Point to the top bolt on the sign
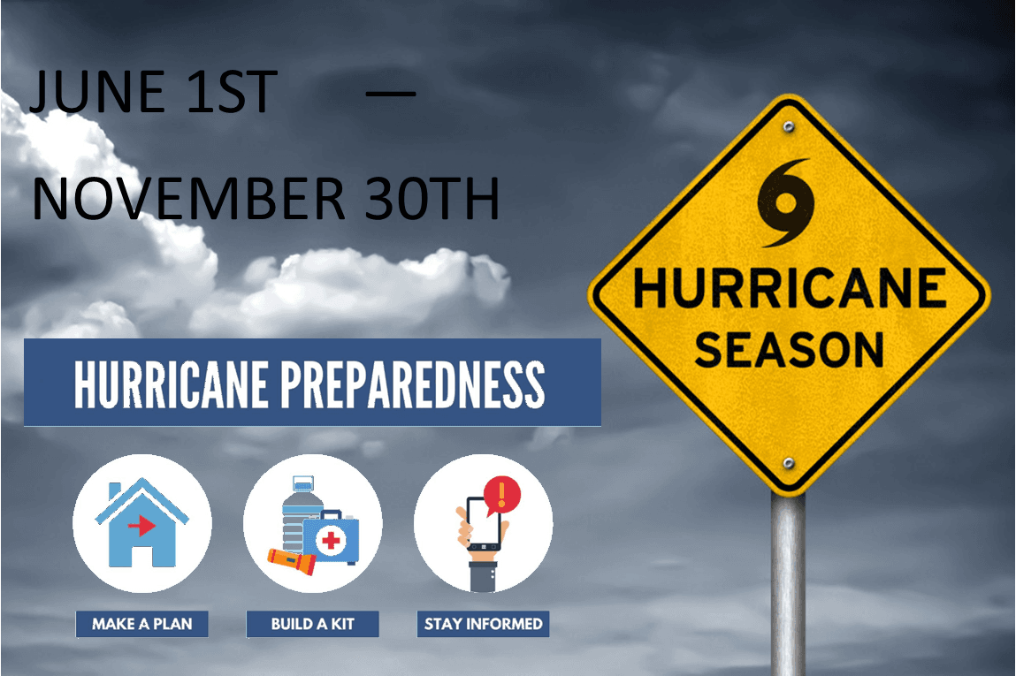point(788,127)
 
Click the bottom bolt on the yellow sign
point(788,462)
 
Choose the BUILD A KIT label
point(312,624)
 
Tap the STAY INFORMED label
point(483,624)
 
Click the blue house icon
point(141,525)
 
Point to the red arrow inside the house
point(141,526)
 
